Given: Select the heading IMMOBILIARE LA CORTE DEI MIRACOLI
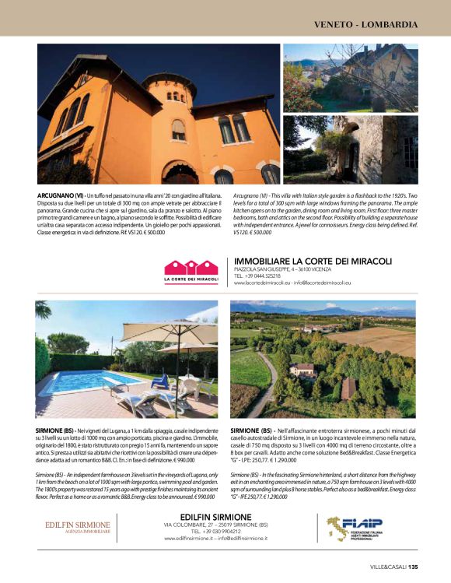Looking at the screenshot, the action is click(x=313, y=262).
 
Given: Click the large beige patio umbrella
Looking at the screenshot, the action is click(x=168, y=333).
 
